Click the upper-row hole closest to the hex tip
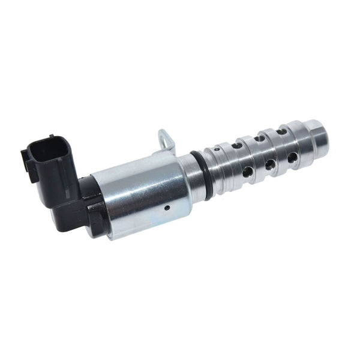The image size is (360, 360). pyautogui.click(x=281, y=131)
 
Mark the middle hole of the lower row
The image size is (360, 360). pyautogui.click(x=271, y=164)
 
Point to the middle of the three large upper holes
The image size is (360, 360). pyautogui.click(x=259, y=139)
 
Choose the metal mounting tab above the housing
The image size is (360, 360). pyautogui.click(x=166, y=141)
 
